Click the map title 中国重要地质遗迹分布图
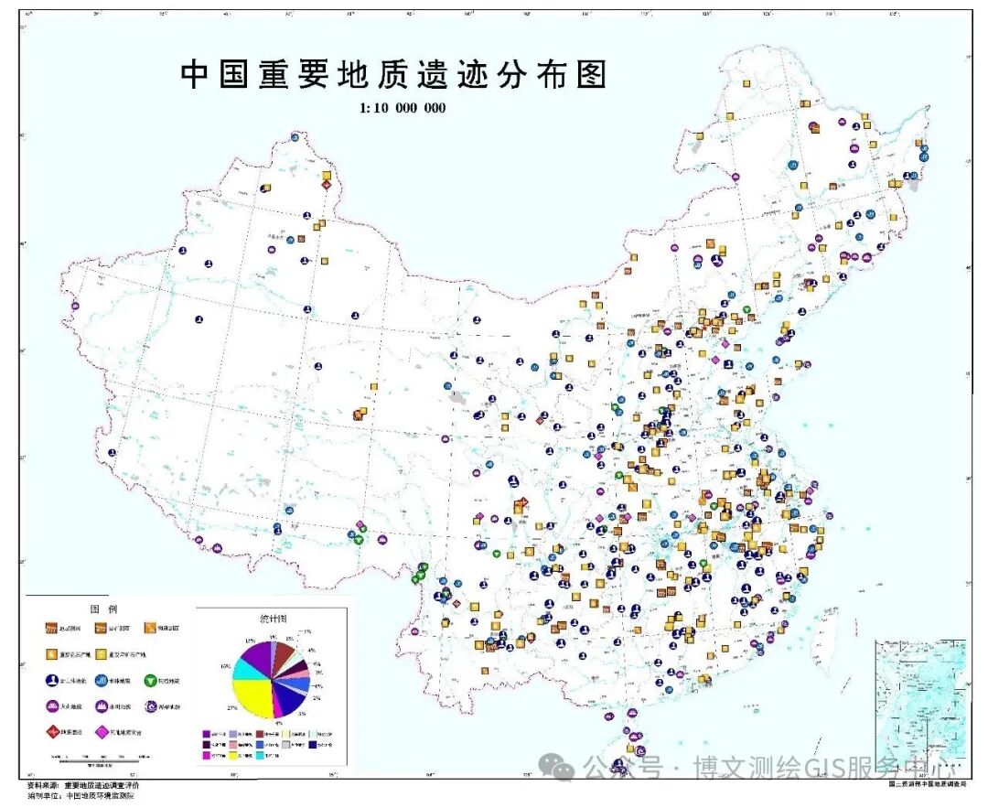pyautogui.click(x=393, y=75)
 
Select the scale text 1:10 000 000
pyautogui.click(x=403, y=107)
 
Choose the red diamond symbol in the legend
pyautogui.click(x=54, y=731)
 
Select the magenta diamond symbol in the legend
pyautogui.click(x=103, y=731)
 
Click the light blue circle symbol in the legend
pyautogui.click(x=103, y=680)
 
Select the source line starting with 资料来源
pyautogui.click(x=83, y=786)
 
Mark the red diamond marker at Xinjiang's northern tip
pyautogui.click(x=326, y=185)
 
